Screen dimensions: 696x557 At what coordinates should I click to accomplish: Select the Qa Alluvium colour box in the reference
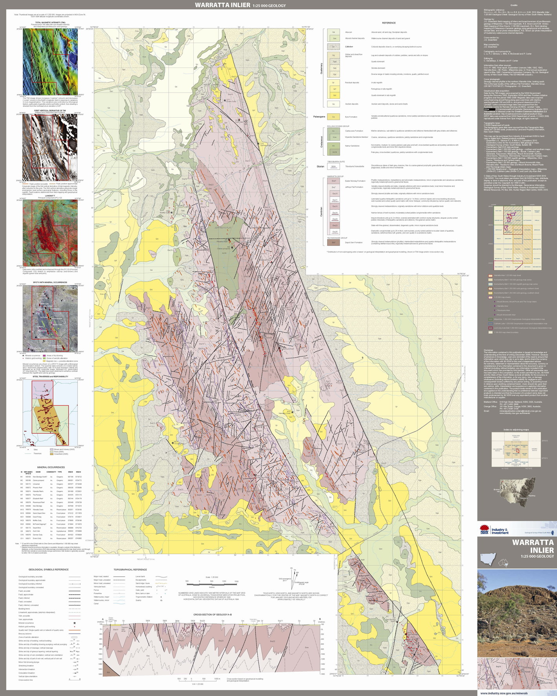(334, 32)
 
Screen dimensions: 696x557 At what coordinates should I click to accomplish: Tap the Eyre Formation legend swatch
(333, 117)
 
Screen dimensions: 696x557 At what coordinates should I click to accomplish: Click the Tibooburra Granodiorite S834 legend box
(333, 166)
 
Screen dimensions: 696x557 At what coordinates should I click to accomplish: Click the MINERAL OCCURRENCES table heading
(51, 467)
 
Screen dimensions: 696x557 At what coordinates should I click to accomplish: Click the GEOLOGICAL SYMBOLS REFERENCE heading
(48, 569)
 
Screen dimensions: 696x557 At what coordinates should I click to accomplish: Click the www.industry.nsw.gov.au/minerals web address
(517, 693)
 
